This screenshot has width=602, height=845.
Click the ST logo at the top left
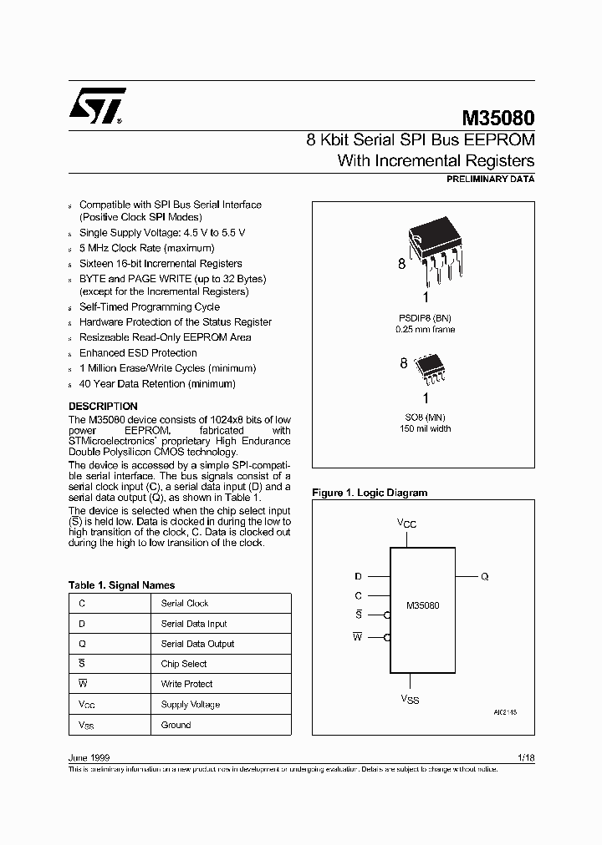coord(98,106)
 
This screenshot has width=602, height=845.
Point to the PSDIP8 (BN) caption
coord(426,318)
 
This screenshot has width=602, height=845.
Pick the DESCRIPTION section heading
coord(103,407)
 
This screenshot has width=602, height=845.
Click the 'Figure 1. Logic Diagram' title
coord(370,493)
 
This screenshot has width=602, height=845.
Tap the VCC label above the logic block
coord(406,524)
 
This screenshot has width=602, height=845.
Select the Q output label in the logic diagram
coord(485,576)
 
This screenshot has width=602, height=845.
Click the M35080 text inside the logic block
coord(422,605)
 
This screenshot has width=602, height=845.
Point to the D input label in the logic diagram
coord(358,576)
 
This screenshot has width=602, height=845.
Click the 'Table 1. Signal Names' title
coord(121,585)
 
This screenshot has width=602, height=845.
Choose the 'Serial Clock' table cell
coord(185,603)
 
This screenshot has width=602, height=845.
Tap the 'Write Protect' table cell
coord(186,684)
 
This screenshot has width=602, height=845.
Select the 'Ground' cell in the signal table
coord(176,725)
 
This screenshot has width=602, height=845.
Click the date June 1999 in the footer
coord(86,757)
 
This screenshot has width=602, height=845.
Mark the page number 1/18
coord(526,757)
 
